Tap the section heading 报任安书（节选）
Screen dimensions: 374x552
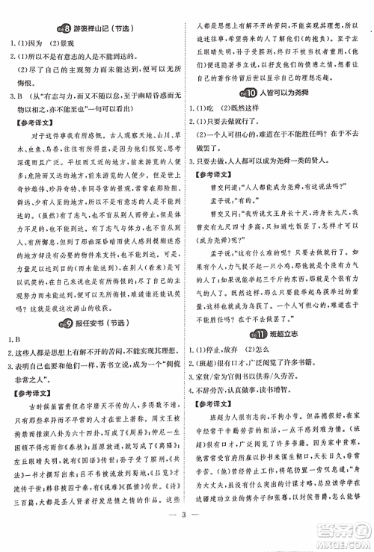[104, 301]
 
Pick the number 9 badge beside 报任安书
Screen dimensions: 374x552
[66, 301]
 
